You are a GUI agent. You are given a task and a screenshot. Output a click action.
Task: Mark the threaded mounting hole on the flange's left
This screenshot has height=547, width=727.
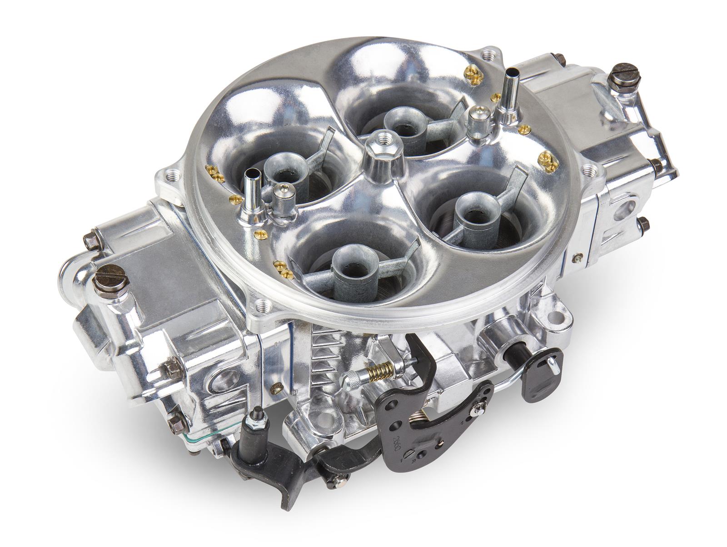coord(171,174)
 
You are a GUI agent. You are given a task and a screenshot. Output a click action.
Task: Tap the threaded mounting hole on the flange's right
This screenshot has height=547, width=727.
coord(591,171)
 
